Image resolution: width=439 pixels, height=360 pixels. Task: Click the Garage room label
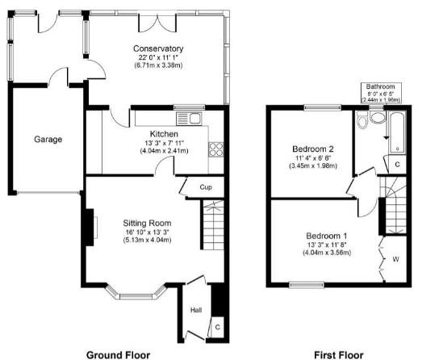coord(48,139)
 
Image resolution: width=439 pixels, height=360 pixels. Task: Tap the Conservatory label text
coord(158,48)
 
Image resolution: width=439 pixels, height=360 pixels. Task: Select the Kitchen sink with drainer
coord(189,119)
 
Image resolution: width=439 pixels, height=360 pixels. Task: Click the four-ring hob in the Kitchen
coord(215,149)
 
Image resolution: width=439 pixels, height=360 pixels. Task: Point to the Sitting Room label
coord(147,223)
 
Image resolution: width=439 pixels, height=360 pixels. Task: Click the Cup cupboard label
coord(206,187)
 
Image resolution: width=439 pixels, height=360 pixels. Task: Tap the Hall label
coord(196,310)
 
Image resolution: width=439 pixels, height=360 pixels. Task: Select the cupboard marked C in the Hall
coord(218,327)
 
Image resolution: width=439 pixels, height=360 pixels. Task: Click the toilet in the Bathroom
coord(362,119)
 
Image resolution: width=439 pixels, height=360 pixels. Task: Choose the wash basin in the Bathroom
coord(378,117)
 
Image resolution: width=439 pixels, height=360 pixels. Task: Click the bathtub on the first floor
coord(397,132)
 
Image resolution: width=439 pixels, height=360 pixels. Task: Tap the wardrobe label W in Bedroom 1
coord(395,259)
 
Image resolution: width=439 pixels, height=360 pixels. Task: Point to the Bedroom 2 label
coord(313,149)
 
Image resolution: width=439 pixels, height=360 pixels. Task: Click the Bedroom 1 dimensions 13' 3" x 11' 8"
coord(327,245)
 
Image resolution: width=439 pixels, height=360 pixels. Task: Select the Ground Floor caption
coord(118,355)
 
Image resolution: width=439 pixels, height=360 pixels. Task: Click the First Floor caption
coord(338,355)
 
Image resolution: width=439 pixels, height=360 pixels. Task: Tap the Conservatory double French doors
coord(157,23)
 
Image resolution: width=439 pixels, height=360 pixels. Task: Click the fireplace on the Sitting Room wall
coord(91,228)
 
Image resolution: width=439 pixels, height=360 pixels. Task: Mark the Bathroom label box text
coord(380,93)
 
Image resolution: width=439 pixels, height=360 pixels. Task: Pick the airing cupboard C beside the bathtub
coord(397,165)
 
